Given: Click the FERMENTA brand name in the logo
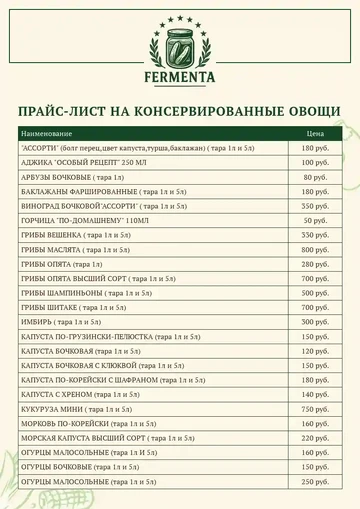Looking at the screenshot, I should click(179, 74).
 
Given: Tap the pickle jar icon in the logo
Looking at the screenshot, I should click(179, 40).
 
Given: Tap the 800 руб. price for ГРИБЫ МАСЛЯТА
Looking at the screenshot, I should click(314, 249).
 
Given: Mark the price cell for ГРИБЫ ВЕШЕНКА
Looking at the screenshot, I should click(314, 235).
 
